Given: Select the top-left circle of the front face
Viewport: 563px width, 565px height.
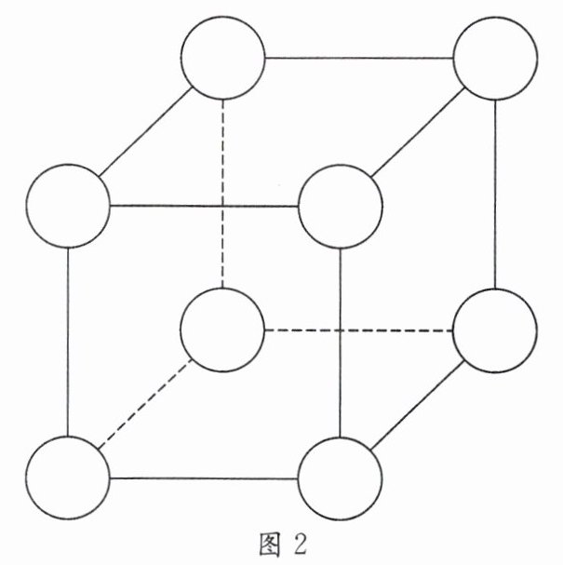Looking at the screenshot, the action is (68, 206).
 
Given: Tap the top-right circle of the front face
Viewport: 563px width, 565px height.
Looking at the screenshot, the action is (341, 207).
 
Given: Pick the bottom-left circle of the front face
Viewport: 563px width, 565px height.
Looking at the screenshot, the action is (68, 478).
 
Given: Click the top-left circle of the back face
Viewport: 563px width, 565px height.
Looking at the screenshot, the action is (222, 58).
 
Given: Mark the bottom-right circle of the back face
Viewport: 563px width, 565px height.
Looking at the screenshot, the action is (494, 330).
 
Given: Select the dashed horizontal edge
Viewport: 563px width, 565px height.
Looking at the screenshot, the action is (358, 330).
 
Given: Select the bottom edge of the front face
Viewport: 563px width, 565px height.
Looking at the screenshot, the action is (204, 478).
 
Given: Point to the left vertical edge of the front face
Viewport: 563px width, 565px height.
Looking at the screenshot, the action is (68, 342).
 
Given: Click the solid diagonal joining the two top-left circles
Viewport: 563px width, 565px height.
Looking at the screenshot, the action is (145, 131).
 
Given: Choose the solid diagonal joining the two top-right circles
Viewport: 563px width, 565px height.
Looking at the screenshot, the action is (418, 131).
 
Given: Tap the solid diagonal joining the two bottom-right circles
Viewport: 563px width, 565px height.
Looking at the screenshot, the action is (418, 404).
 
